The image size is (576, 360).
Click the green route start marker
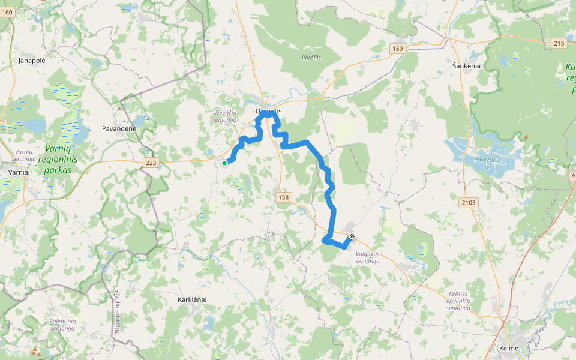coord(224,163)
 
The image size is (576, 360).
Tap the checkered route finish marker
coord(352,236)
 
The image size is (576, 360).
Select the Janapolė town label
coord(32,61)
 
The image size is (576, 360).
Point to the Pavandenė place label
coord(119,128)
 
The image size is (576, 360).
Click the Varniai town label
coord(19,172)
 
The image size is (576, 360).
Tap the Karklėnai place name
coord(192,299)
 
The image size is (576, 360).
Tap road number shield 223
coord(151,163)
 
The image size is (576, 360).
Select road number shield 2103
coord(469,203)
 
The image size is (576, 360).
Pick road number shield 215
coord(559,43)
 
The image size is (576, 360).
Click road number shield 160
coord(7,11)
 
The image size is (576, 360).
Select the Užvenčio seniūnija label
coord(225,116)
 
